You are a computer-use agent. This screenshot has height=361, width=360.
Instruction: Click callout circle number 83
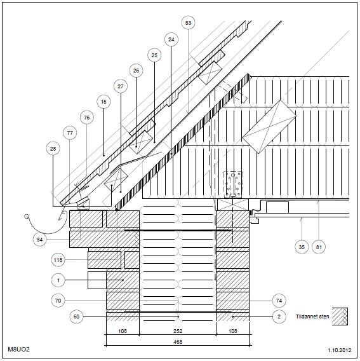pos(188,23)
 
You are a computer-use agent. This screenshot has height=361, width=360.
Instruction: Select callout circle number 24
pos(171,39)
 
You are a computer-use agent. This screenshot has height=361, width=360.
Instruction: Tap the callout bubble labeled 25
pos(154,55)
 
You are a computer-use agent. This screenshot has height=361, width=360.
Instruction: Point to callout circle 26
pos(136,71)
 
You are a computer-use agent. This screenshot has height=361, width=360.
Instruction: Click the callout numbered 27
pos(121,86)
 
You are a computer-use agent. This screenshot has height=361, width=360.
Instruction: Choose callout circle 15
pos(103,102)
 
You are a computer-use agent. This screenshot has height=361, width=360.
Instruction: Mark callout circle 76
pos(87,118)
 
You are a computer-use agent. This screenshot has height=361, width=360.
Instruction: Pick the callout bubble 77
pos(70,133)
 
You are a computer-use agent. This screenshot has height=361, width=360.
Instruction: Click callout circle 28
pos(53,149)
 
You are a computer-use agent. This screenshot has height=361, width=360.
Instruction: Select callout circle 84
pos(39,240)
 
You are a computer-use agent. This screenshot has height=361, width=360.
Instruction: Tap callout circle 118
pos(58,260)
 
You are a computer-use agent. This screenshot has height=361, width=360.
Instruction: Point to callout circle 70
pos(58,301)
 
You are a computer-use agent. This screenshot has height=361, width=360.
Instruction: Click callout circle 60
pos(76,317)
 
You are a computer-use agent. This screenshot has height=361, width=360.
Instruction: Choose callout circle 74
pos(279,301)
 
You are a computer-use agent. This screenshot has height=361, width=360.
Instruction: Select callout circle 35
pos(302,247)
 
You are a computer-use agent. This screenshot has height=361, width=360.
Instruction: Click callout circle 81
pos(319,247)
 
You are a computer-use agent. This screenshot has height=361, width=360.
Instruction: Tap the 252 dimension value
pos(178,331)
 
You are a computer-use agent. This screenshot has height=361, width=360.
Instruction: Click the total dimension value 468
pos(178,342)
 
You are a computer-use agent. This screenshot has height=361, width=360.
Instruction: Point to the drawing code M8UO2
pos(19,350)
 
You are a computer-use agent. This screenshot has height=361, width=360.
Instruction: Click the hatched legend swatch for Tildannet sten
pos(340,317)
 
